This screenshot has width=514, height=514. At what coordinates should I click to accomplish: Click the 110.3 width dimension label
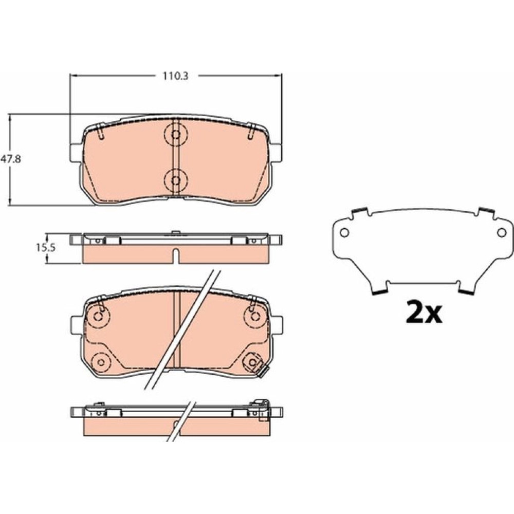pyautogui.click(x=176, y=77)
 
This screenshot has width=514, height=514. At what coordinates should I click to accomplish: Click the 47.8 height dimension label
pyautogui.click(x=10, y=159)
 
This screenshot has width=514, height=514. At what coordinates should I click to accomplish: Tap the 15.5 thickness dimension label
pyautogui.click(x=46, y=248)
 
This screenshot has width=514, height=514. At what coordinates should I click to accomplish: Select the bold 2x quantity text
pyautogui.click(x=424, y=312)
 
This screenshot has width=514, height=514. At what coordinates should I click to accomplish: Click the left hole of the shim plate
pyautogui.click(x=344, y=232)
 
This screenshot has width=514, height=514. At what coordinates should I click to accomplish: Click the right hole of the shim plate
pyautogui.click(x=502, y=232)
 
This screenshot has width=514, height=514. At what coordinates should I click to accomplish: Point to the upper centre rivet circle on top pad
pyautogui.click(x=176, y=134)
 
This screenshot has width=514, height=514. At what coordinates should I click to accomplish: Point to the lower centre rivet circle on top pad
pyautogui.click(x=176, y=180)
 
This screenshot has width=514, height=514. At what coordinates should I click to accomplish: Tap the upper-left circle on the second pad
pyautogui.click(x=98, y=316)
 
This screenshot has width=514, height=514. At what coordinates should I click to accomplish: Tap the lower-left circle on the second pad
pyautogui.click(x=101, y=362)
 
